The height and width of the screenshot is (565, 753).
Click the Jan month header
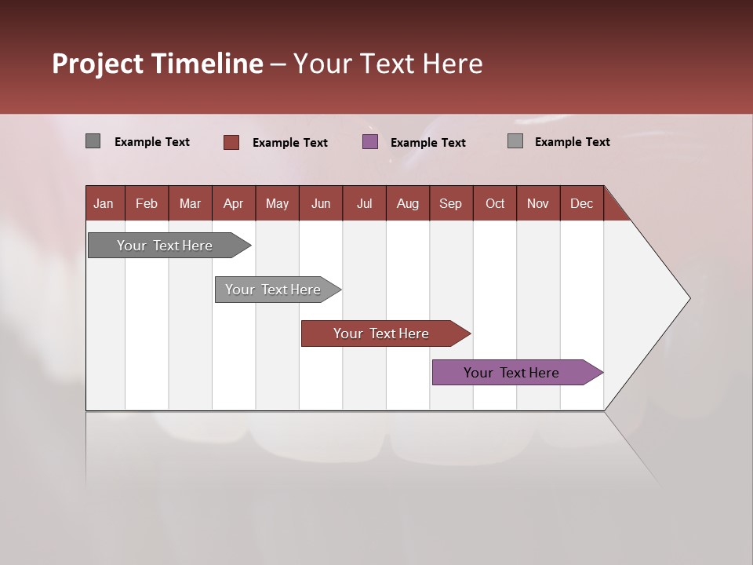[x=104, y=203]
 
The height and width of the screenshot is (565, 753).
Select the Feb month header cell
[x=147, y=203]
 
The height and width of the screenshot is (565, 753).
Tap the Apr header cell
[x=234, y=203]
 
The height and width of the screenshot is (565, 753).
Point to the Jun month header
[x=321, y=203]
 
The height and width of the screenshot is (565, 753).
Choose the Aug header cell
[x=408, y=203]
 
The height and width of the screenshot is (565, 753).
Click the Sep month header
[x=451, y=203]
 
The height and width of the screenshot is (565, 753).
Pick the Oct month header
[x=495, y=203]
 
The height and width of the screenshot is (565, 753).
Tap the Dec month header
[x=582, y=203]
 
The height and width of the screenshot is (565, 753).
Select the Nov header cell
[x=538, y=203]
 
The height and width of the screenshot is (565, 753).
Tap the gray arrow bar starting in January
[x=166, y=246]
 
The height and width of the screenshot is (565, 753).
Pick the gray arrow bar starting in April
[x=274, y=290]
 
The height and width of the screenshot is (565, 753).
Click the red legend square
[x=231, y=142]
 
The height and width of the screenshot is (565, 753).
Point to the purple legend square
[x=370, y=142]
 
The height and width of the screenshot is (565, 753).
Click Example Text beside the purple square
[x=428, y=143]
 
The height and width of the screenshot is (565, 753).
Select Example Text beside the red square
[x=290, y=143]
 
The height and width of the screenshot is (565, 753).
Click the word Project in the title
[x=98, y=64]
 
